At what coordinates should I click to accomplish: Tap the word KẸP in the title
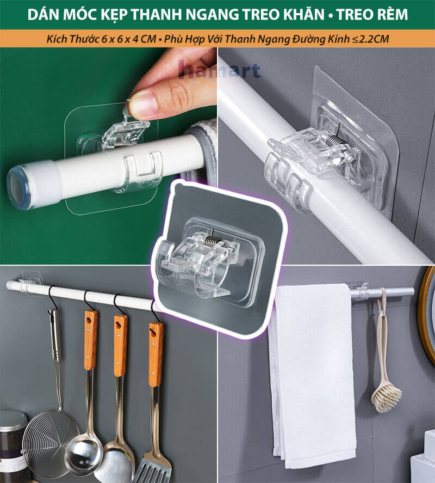pyautogui.click(x=115, y=15)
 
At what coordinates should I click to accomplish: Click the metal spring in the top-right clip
pyautogui.click(x=334, y=142)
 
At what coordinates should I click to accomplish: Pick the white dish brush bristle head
pyautogui.click(x=387, y=398)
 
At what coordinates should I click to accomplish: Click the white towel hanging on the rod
pyautogui.click(x=312, y=372)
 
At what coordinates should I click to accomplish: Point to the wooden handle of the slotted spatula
pyautogui.click(x=156, y=354)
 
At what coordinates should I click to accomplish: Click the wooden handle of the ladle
pyautogui.click(x=91, y=340)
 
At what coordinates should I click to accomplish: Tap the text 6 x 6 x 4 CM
pyautogui.click(x=129, y=39)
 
